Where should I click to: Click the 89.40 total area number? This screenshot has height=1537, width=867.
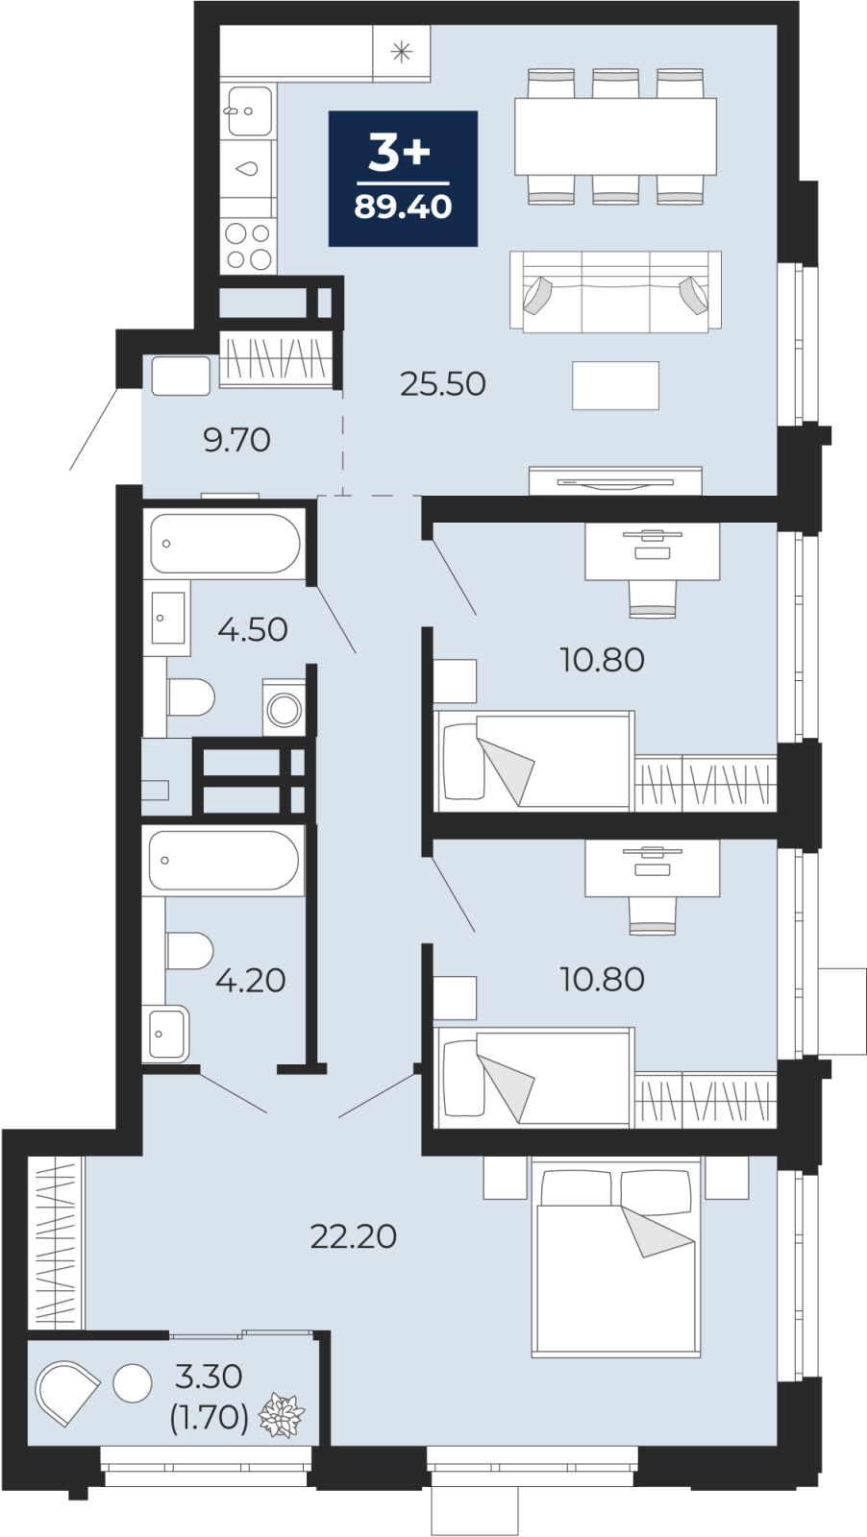coord(403,206)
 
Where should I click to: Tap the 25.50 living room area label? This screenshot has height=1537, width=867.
coord(443,384)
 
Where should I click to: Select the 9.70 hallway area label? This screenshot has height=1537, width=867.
coord(236,440)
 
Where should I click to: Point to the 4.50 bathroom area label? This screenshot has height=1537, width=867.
coord(253,630)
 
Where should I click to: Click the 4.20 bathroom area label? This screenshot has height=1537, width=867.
coord(251,981)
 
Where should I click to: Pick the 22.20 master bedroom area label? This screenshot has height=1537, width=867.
coord(354,1236)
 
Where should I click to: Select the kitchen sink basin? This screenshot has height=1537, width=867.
coord(250,110)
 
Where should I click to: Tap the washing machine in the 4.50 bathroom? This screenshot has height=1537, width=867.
coord(284,708)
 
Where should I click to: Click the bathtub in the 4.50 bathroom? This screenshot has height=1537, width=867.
coord(225,544)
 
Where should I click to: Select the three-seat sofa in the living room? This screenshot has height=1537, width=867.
coord(616,292)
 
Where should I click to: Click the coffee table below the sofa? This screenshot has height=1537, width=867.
coord(616,385)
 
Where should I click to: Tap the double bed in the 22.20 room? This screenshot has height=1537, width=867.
coord(616,1263)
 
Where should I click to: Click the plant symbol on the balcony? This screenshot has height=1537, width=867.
coord(282,1415)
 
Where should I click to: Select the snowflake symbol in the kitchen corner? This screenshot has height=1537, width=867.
coord(402,52)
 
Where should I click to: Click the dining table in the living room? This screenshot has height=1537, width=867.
coord(616,135)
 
